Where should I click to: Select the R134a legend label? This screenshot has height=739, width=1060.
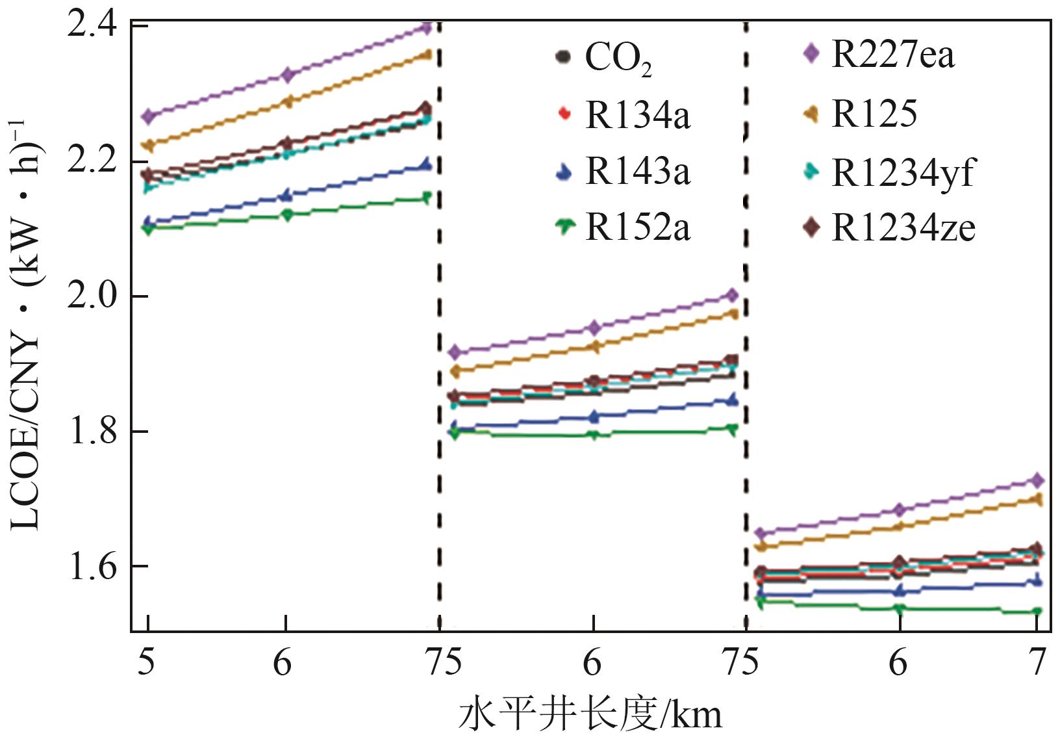[x=637, y=115]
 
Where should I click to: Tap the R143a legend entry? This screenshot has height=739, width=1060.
[x=637, y=171]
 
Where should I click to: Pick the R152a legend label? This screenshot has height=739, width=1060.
[x=637, y=227]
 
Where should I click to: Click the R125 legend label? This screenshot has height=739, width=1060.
[x=874, y=114]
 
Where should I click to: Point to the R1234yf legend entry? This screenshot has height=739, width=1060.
[x=903, y=172]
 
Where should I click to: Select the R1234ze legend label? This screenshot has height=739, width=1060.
[x=903, y=228]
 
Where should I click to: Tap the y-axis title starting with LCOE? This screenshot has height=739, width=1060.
[x=26, y=325]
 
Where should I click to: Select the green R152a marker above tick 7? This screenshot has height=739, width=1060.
[x=1037, y=612]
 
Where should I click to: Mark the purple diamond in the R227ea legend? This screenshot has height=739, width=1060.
[x=811, y=53]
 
